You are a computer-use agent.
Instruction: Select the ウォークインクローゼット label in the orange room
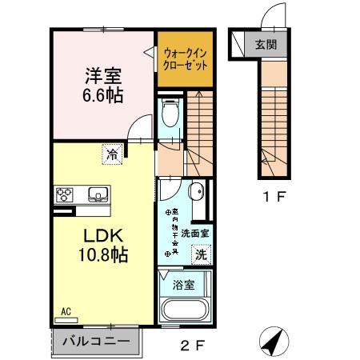click(186, 58)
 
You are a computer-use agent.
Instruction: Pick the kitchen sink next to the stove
click(97, 195)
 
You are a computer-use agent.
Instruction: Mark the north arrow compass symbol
click(274, 342)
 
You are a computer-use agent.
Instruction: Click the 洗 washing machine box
click(202, 255)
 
